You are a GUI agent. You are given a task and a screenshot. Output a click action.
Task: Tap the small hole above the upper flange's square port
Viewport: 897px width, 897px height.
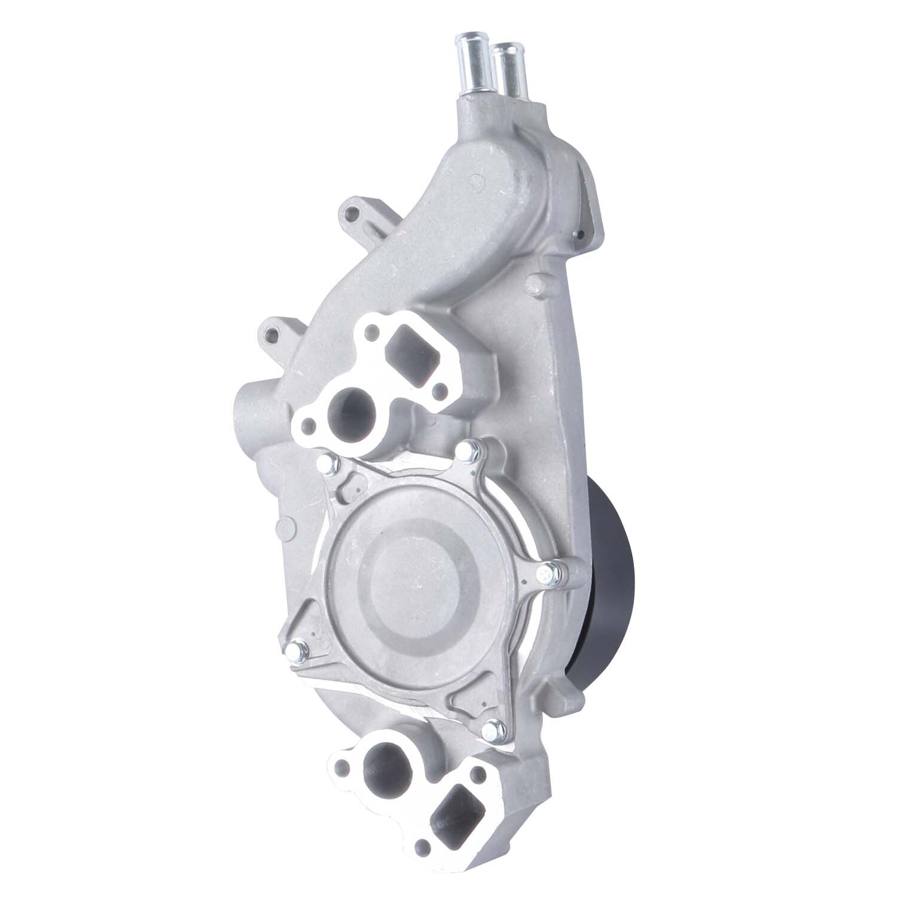[x=375, y=329]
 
